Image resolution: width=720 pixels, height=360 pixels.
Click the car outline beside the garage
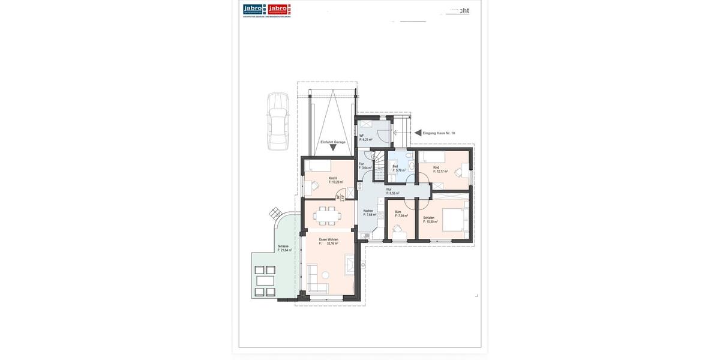click(x=278, y=121)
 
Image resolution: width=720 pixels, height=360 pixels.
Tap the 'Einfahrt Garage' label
click(x=332, y=142)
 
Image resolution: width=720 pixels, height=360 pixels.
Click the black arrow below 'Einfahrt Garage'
click(x=333, y=148)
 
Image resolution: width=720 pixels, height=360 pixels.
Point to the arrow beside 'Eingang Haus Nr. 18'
click(x=418, y=133)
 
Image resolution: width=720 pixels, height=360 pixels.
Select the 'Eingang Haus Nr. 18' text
click(x=439, y=133)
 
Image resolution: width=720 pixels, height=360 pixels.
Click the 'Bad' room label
click(x=395, y=166)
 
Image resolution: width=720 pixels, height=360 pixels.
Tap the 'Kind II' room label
click(x=332, y=178)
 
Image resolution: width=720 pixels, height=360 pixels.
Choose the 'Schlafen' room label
click(x=428, y=218)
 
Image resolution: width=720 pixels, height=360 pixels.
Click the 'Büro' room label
click(x=398, y=212)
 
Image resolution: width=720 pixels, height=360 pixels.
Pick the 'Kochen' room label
click(x=368, y=211)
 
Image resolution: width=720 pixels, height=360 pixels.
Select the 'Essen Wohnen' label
click(x=328, y=239)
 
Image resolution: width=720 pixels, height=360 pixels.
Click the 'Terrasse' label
click(x=283, y=246)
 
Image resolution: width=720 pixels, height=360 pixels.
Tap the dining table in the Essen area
click(x=328, y=215)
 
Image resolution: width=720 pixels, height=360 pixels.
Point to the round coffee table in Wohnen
click(x=325, y=275)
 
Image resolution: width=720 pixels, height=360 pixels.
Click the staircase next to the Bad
click(x=378, y=166)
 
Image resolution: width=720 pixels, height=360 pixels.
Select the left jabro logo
click(x=254, y=9)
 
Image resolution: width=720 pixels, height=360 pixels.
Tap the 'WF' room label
click(x=361, y=136)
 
